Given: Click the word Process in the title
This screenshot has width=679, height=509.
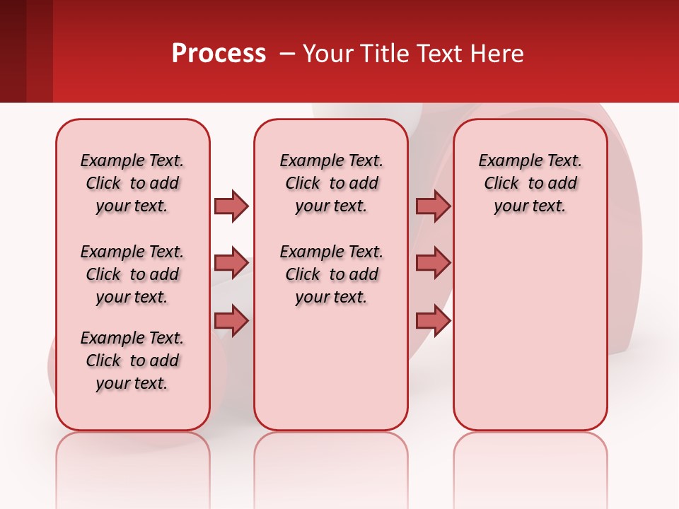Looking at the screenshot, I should coord(219,54).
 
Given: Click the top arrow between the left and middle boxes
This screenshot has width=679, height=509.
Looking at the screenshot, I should coord(231,206).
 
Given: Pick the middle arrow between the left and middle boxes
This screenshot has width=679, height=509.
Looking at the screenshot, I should coord(231,263).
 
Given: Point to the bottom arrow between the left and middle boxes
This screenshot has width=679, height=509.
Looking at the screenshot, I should coord(231,320).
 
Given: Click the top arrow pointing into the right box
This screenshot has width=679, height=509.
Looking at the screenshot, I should coord(433,206).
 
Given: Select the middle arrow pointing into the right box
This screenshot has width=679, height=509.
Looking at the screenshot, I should coord(433,263).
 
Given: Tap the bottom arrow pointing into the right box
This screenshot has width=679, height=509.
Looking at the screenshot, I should coord(433,320).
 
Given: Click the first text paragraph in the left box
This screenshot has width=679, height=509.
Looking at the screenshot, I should coord(132,183).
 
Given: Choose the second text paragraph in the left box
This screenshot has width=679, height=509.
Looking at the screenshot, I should coord(132,274).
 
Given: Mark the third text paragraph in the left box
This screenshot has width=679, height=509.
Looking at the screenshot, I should coord(132,361).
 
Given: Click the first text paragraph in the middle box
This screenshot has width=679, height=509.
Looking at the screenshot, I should coord(332,183).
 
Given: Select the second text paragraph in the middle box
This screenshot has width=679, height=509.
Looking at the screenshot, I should coord(332,274).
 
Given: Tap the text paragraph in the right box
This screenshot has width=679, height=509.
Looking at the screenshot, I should coord(530,183).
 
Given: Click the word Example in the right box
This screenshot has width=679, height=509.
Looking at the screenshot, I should coord(504,161).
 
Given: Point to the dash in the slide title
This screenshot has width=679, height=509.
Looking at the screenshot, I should coord(287,54).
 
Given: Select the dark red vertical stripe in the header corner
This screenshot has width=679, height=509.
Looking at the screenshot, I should coord(39,51).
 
